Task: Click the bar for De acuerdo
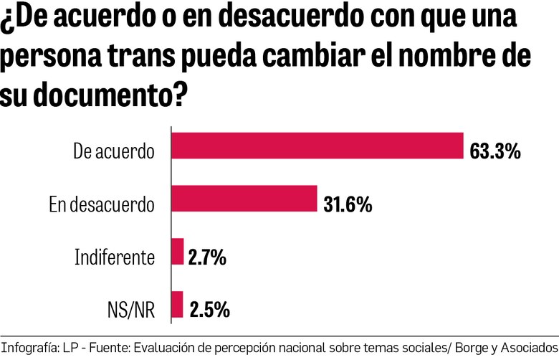[x=317, y=146]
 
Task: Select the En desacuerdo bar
[x=244, y=199]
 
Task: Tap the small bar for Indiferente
[x=178, y=252]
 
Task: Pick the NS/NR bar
[x=177, y=304]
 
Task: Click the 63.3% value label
[x=494, y=151]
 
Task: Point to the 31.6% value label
[x=347, y=204]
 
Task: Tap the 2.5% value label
[x=209, y=310]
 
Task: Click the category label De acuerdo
[x=114, y=152]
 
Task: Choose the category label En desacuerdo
[x=101, y=205]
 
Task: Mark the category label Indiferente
[x=115, y=257]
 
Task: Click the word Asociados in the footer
[x=529, y=346]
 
